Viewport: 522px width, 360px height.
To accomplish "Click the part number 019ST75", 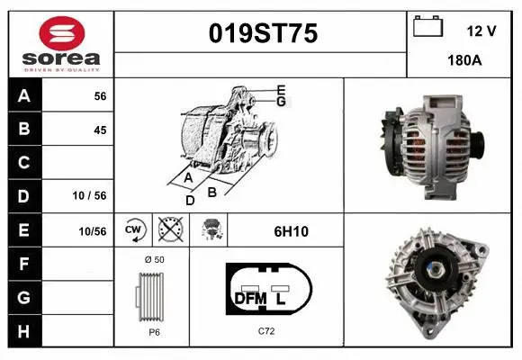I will [262, 33].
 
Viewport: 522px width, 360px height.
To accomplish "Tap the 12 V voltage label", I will [481, 31].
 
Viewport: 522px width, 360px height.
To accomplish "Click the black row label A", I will [23, 95].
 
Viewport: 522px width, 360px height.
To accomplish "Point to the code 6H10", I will [291, 231].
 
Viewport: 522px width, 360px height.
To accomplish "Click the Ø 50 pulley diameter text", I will [153, 259].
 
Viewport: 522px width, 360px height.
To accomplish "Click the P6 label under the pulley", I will [153, 332].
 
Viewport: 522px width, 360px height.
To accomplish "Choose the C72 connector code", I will [266, 332].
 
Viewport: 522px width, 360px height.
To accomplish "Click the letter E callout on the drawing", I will [281, 88].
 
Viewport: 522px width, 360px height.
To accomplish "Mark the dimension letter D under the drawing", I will [190, 200].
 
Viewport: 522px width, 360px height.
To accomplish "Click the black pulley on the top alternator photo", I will [479, 142].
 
